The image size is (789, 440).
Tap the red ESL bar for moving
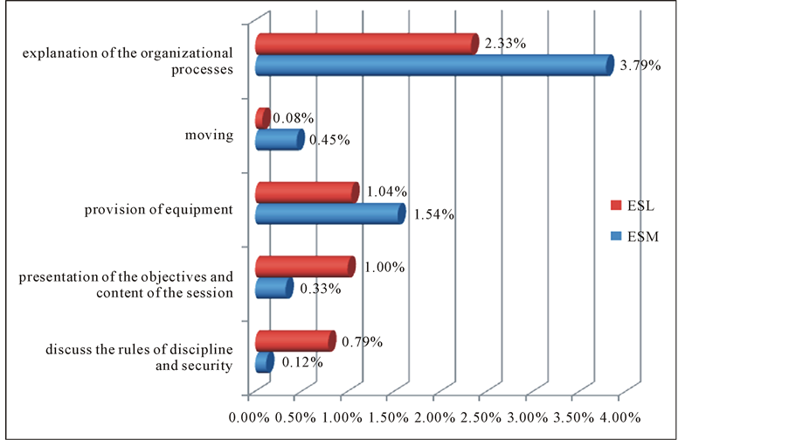[261, 118]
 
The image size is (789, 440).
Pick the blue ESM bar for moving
[278, 139]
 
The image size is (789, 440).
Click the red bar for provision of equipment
[306, 192]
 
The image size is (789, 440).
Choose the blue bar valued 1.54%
[329, 213]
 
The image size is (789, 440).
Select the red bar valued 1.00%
[304, 266]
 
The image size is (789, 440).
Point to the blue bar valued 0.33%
[273, 288]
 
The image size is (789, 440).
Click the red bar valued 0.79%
[294, 340]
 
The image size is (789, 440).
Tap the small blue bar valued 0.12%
[263, 361]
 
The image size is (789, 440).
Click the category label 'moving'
[209, 136]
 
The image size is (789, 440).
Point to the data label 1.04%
[386, 192]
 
